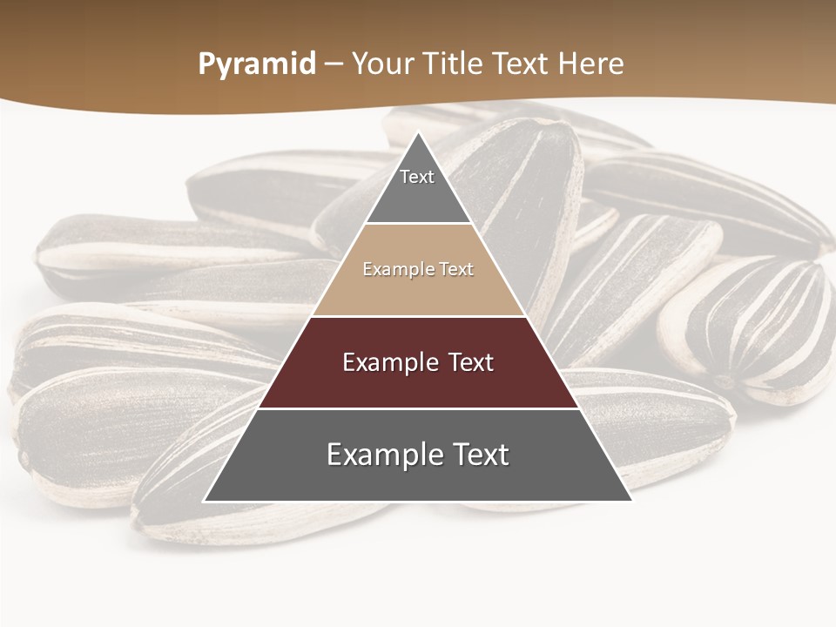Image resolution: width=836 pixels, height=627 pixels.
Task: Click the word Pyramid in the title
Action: tap(256, 64)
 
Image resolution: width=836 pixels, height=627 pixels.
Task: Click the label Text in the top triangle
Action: tap(417, 177)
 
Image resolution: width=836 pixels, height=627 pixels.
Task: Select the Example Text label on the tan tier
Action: tap(418, 269)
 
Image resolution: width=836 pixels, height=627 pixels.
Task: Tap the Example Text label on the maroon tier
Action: tap(418, 362)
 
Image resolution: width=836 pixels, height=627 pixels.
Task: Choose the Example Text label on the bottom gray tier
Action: tap(418, 455)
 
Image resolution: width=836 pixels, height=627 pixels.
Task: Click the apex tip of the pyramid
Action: tap(418, 133)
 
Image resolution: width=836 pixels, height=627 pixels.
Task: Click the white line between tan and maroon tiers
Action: tap(418, 316)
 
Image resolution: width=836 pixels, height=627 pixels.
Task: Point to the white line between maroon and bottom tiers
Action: tap(418, 408)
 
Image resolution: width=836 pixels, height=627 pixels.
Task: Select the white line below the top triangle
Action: tap(418, 223)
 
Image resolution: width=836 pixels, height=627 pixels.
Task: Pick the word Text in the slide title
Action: tap(522, 64)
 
